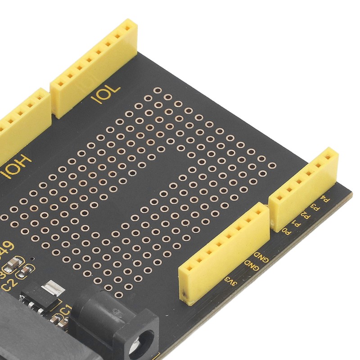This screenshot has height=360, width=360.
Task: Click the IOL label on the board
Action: [x=106, y=93]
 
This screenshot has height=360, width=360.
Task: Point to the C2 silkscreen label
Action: [x=8, y=284]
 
